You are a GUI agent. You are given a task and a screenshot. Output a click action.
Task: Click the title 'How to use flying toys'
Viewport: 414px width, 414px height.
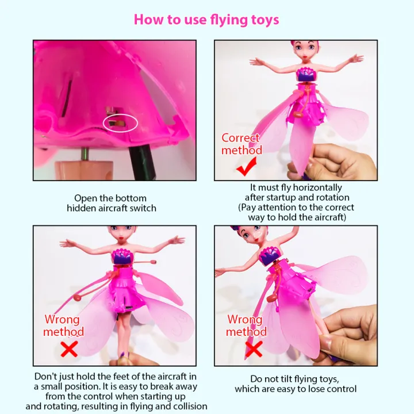tap(206, 20)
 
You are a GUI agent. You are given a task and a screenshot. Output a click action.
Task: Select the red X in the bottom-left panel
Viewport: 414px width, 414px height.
tap(70, 349)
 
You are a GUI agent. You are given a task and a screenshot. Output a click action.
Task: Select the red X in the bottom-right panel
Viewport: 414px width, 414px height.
tap(254, 348)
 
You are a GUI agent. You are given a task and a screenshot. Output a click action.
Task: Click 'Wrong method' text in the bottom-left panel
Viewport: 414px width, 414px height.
tap(64, 325)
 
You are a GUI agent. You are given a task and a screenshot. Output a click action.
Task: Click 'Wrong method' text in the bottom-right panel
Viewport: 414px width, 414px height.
tap(246, 325)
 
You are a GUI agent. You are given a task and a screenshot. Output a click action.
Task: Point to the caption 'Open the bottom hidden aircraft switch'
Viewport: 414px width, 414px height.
tap(111, 203)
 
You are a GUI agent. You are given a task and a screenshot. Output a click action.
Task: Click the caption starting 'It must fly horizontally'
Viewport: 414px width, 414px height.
tap(296, 202)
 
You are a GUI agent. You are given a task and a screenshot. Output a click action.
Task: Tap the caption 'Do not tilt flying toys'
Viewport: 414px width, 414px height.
tap(296, 384)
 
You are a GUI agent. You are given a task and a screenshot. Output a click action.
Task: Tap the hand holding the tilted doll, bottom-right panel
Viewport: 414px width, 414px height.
tap(351, 328)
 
